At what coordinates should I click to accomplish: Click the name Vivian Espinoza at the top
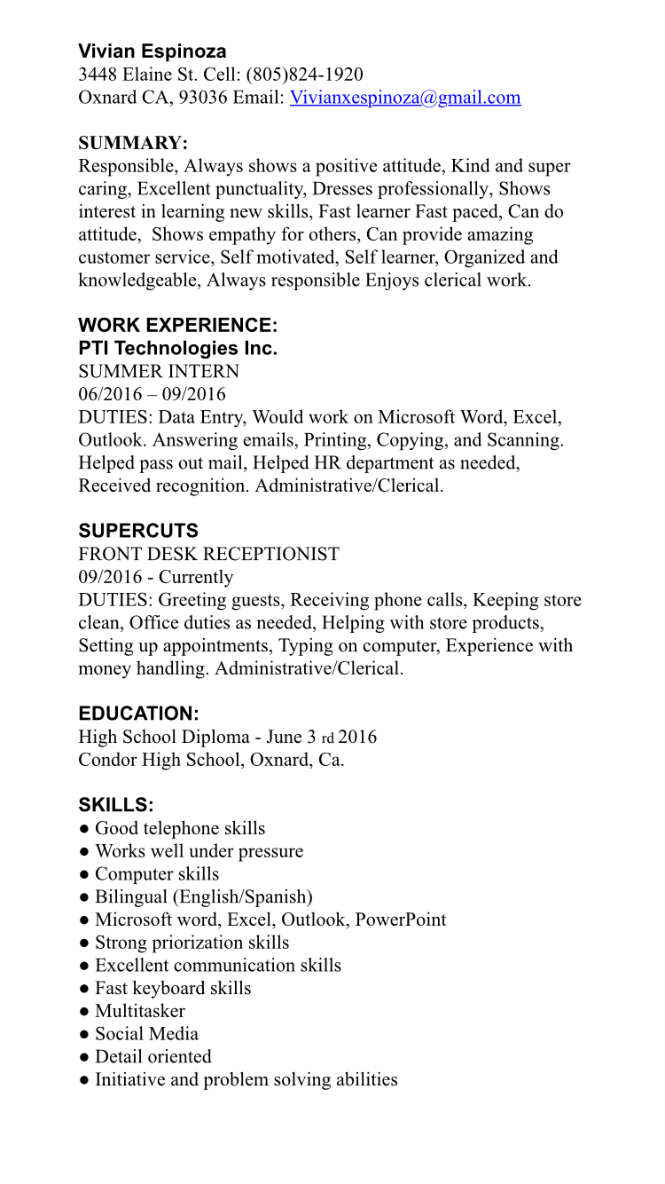point(152,51)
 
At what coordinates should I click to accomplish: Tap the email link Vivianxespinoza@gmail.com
point(405,98)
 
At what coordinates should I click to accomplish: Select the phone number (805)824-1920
point(304,75)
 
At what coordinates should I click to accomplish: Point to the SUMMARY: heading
point(133,143)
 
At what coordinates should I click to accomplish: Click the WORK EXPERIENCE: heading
point(177,325)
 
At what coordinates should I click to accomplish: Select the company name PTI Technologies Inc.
point(177,348)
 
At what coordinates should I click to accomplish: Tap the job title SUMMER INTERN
point(159,371)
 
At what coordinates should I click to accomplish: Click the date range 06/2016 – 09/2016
point(152,394)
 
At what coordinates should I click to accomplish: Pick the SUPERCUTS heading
point(138,531)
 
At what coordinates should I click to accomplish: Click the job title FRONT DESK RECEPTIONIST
point(208,554)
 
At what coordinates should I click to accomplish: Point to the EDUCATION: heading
point(138,714)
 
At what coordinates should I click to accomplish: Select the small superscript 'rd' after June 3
point(327,738)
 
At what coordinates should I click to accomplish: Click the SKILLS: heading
point(116,805)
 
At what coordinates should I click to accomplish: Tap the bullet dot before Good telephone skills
point(83,829)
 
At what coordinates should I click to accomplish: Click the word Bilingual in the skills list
point(131,897)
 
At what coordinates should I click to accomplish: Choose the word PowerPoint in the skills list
point(401,920)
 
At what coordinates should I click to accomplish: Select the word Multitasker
point(140,1011)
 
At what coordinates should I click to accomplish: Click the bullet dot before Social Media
point(83,1035)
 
